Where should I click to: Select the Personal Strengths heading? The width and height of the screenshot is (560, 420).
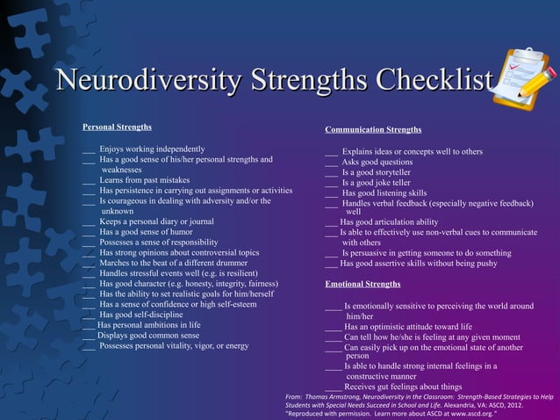117,127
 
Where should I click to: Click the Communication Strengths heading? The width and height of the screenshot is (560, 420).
373,130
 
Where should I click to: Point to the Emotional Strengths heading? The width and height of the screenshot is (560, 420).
363,284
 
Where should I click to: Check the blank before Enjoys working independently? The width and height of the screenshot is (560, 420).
88,150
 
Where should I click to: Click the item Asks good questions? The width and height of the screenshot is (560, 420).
377,162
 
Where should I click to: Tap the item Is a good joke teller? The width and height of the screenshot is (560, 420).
377,183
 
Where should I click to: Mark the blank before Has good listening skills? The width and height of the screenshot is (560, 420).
331,193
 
